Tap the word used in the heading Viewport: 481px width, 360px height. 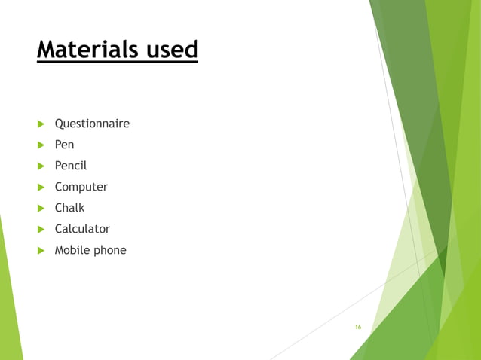pos(170,50)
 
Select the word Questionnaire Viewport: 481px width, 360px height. pos(92,124)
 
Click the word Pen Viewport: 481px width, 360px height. pos(64,145)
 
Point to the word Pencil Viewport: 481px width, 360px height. pos(70,166)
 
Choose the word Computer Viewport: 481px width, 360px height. pos(81,187)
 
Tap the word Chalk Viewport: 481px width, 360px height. pos(69,208)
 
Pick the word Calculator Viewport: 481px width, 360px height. pos(82,229)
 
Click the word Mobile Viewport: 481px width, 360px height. pos(72,250)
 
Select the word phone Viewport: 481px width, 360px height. pos(109,251)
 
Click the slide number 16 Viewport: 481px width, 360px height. pos(358,327)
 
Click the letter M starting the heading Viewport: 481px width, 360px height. pos(47,50)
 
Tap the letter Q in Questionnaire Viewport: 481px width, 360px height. pos(59,124)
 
